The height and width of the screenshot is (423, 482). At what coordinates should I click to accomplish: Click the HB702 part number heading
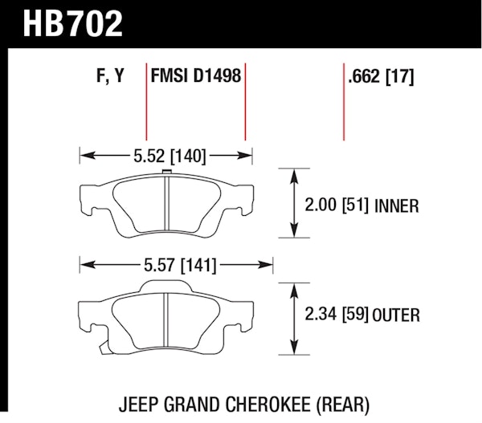(x=73, y=23)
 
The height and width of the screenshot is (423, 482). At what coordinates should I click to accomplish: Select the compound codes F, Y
(x=110, y=75)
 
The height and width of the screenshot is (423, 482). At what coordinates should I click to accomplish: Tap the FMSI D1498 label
(x=196, y=75)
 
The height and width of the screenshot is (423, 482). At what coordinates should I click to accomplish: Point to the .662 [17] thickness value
(x=381, y=76)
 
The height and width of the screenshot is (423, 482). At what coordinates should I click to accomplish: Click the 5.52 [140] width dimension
(x=170, y=156)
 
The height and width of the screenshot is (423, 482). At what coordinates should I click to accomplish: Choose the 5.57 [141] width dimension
(x=180, y=265)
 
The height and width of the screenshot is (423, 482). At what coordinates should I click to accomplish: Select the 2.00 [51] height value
(x=337, y=205)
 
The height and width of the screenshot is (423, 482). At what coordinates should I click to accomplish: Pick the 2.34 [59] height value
(x=337, y=314)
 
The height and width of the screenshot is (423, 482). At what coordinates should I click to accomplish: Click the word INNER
(x=397, y=205)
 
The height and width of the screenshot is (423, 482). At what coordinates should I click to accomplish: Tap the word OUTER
(x=396, y=315)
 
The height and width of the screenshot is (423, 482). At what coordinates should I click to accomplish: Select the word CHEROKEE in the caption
(x=268, y=405)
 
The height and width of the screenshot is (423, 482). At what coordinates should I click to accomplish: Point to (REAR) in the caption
(x=343, y=405)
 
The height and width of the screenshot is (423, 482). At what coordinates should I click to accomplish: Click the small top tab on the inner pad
(x=166, y=173)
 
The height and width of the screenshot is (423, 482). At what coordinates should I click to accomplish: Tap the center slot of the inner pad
(x=166, y=203)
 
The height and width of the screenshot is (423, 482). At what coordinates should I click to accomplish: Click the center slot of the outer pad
(x=166, y=319)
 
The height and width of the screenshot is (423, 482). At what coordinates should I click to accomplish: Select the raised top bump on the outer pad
(x=166, y=286)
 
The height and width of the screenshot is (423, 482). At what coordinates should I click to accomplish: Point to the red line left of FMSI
(x=146, y=102)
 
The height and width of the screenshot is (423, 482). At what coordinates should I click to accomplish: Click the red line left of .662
(x=344, y=102)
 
